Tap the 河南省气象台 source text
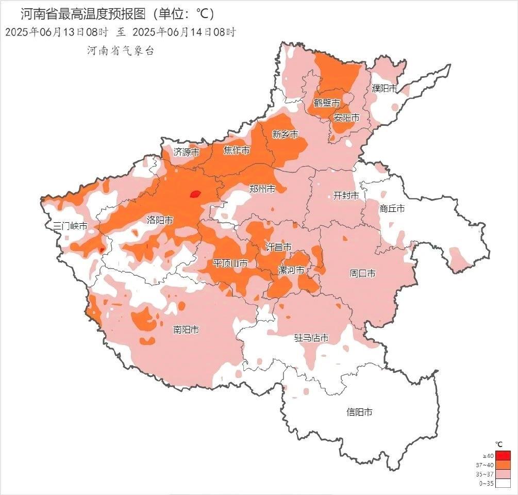tap(120, 51)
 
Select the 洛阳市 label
tap(160, 220)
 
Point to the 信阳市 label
tap(359, 412)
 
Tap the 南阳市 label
tap(186, 329)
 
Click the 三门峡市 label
tap(71, 226)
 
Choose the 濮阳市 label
tap(385, 88)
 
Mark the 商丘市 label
tap(392, 209)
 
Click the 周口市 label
tap(363, 273)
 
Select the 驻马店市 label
tap(311, 338)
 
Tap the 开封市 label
tap(346, 195)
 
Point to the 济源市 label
tap(186, 152)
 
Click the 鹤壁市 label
tap(327, 103)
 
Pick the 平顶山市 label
tap(230, 263)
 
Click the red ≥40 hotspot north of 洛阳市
tap(195, 194)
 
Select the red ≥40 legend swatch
tap(504, 455)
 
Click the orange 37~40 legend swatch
tap(504, 464)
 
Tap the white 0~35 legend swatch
tap(504, 483)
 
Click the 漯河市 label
tap(291, 270)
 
